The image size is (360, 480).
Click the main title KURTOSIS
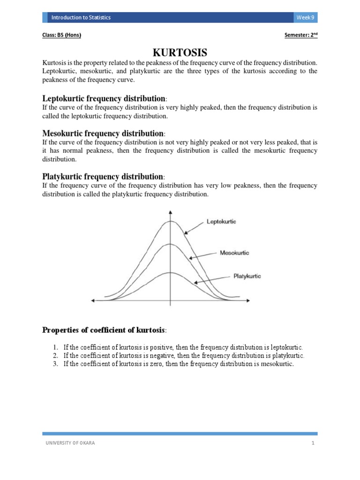click(x=180, y=52)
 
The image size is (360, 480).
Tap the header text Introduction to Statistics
click(x=81, y=17)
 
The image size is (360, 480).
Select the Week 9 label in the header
click(x=306, y=17)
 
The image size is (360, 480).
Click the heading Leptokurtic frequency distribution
click(x=103, y=98)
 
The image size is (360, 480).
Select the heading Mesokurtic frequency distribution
click(x=103, y=134)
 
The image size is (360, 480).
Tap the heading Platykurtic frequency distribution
click(x=103, y=177)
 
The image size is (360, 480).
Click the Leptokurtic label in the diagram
click(x=221, y=221)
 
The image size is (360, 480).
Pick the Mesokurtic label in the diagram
click(x=234, y=253)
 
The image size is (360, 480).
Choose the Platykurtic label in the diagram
click(x=247, y=276)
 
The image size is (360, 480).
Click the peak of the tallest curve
click(x=170, y=221)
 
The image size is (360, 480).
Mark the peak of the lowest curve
click(x=170, y=272)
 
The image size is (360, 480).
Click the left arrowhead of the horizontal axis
click(x=93, y=300)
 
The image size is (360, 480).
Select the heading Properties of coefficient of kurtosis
click(x=104, y=330)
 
